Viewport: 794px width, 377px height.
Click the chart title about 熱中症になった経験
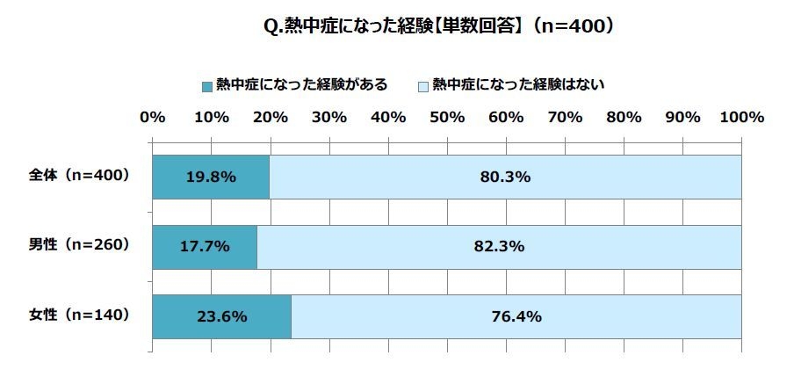(x=437, y=26)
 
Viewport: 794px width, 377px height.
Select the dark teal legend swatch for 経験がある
(x=207, y=86)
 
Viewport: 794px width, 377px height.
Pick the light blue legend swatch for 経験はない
(x=422, y=86)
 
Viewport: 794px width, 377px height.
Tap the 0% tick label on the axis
(x=153, y=117)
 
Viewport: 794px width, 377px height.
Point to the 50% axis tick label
(x=447, y=117)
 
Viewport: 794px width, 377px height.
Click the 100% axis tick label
(x=741, y=117)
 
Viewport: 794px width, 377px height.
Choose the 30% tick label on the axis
(x=329, y=117)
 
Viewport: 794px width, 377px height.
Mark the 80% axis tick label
(x=624, y=117)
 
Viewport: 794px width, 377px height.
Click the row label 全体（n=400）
(x=81, y=175)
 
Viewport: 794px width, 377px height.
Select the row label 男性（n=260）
(x=81, y=245)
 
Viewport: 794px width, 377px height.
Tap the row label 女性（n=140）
(x=81, y=315)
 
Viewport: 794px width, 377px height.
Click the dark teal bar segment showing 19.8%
(x=211, y=176)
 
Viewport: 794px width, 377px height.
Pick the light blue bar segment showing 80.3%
(x=505, y=176)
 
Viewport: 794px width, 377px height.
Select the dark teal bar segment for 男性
(x=205, y=246)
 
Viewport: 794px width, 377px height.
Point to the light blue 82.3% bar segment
(x=499, y=246)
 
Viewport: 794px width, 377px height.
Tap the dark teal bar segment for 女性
(x=222, y=316)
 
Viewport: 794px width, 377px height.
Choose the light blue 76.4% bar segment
(x=516, y=316)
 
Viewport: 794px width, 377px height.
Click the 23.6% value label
(x=222, y=316)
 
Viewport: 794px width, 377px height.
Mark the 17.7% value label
(x=205, y=246)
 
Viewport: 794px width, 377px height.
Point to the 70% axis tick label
(x=565, y=117)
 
